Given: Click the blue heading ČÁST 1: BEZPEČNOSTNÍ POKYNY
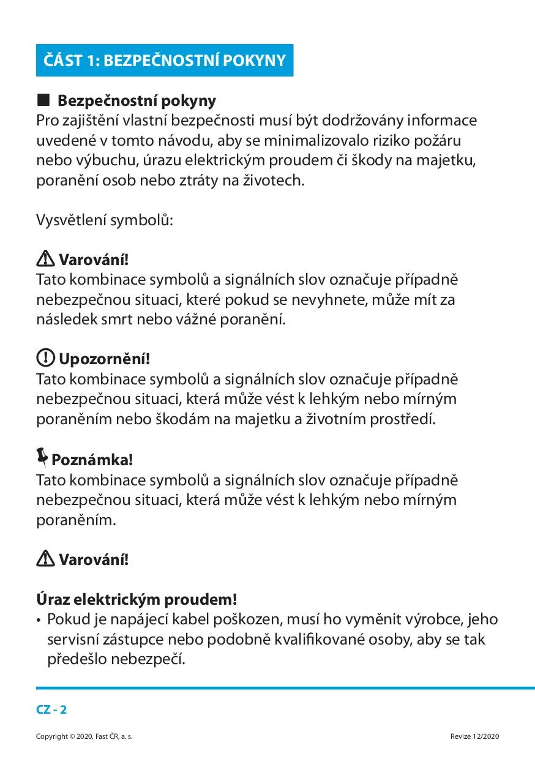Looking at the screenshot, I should click(164, 61).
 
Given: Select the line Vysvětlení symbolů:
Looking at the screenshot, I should click(105, 220).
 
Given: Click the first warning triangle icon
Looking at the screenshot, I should click(45, 260).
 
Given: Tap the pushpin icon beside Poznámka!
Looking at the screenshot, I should click(42, 457).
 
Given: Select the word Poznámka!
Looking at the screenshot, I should click(92, 459).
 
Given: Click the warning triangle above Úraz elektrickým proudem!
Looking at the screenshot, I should click(45, 558).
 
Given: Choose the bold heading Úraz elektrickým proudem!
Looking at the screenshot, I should click(137, 599).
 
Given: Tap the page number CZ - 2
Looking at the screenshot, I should click(51, 710).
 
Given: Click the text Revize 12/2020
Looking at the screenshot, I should click(474, 736).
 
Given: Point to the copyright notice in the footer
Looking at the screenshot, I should click(84, 736).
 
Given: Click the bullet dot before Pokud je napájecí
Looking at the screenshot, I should click(40, 620).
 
